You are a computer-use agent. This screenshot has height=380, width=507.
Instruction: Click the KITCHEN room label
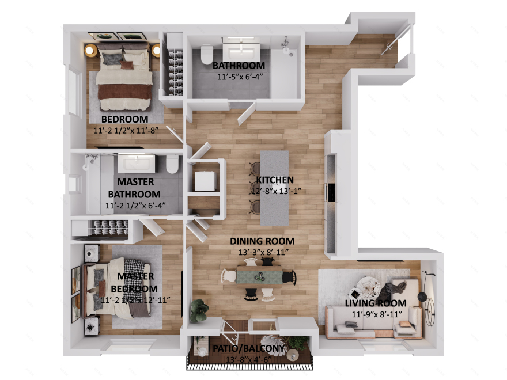[275, 180]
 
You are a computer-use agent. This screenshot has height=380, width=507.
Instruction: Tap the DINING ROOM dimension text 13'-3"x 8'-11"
[262, 252]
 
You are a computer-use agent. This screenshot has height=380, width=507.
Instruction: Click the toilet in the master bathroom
[172, 165]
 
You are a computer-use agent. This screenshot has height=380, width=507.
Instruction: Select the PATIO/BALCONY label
[249, 349]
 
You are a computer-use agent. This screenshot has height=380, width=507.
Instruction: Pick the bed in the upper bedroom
[125, 81]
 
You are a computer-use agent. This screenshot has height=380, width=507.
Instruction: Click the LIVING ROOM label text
[376, 303]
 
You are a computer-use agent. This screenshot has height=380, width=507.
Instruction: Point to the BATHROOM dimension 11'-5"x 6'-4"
[238, 77]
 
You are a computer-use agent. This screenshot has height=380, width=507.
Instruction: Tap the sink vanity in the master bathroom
[137, 163]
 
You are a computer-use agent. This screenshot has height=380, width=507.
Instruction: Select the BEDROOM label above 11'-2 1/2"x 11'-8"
[124, 120]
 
